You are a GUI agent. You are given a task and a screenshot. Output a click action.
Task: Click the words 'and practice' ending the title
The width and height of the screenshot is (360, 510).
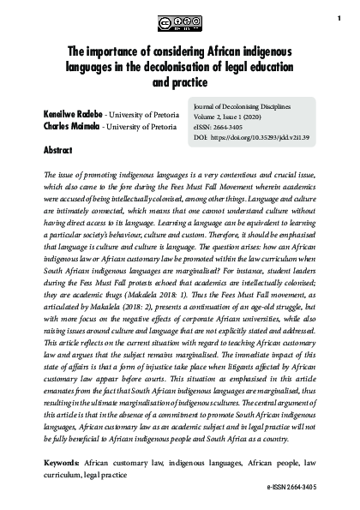click(x=180, y=83)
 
